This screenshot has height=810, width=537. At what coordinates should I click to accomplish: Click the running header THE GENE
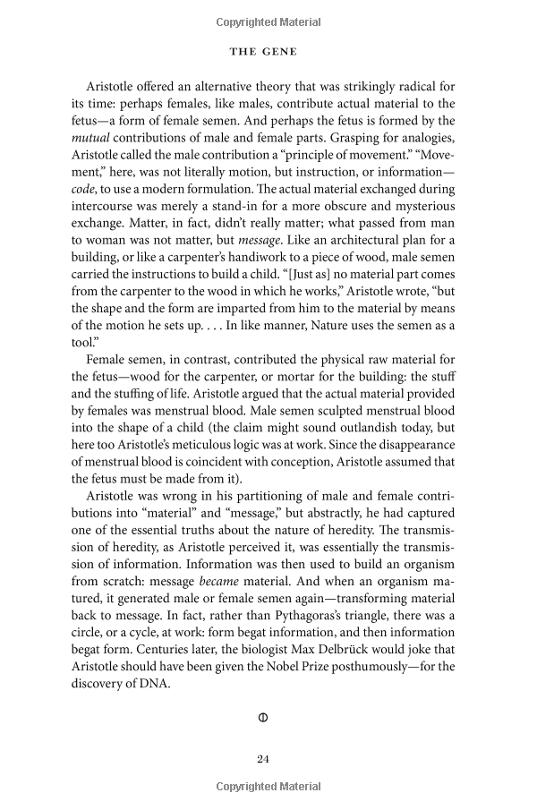coord(263,52)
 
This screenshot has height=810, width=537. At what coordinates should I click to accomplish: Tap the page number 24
coord(263,759)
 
